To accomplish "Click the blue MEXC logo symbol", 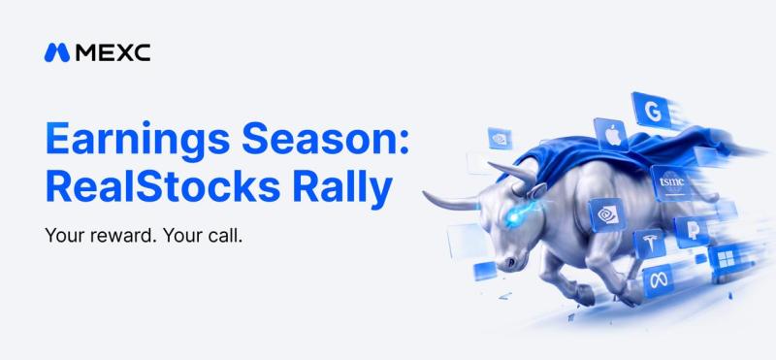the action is click(x=57, y=52).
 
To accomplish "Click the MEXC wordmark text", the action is click(x=113, y=52).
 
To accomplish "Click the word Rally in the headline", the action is click(x=342, y=189).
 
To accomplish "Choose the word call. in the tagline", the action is click(x=223, y=235).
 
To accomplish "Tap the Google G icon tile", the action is click(x=651, y=111).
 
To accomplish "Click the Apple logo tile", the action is click(x=612, y=134).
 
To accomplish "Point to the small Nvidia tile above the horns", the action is click(x=500, y=138).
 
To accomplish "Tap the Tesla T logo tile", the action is click(x=649, y=244).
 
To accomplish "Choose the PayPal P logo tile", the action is click(x=692, y=232).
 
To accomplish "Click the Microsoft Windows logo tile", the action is click(x=726, y=258).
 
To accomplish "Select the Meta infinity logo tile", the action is click(x=659, y=280).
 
